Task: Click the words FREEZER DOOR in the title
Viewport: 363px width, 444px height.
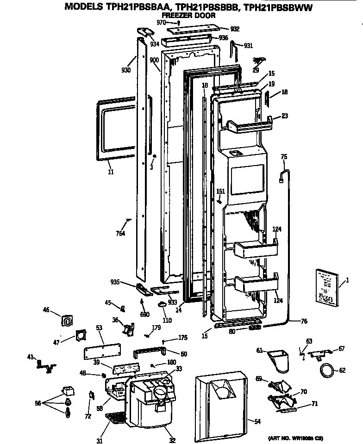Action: coord(189,15)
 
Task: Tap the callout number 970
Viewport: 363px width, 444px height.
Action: coord(161,22)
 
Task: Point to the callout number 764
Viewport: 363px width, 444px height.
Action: coord(121,233)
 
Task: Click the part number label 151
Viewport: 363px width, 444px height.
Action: coord(221,191)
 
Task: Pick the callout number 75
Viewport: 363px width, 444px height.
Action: coord(284,157)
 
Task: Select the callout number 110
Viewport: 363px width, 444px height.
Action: coord(167,320)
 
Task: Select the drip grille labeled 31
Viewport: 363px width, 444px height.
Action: coord(113,419)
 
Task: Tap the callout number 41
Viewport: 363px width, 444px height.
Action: coord(31,357)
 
